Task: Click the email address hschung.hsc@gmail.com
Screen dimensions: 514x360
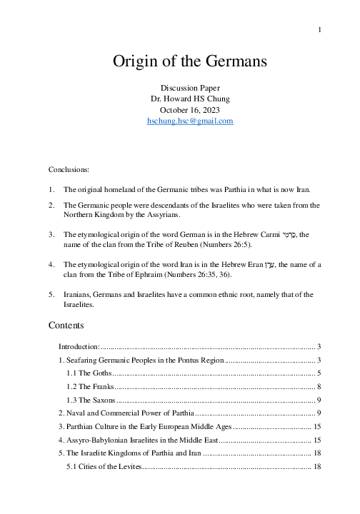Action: (x=179, y=121)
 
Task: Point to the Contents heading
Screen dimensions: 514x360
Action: (x=66, y=325)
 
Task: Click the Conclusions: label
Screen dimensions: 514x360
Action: (x=69, y=171)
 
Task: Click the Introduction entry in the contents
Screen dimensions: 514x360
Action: (x=79, y=346)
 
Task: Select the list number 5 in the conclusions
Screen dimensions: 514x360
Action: (x=51, y=293)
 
